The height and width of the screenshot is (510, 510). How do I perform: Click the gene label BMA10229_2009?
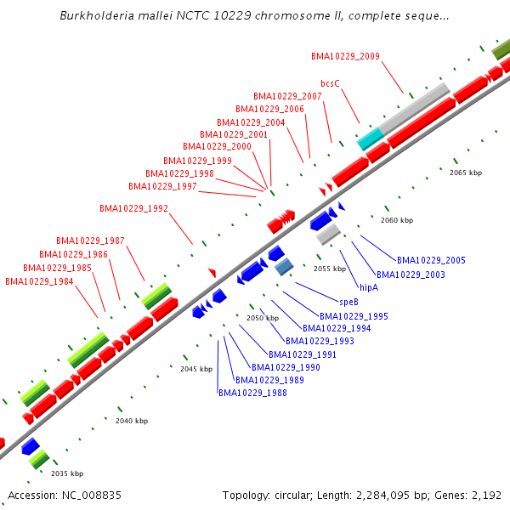tap(345, 57)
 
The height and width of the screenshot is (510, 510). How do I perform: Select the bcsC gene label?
tap(330, 83)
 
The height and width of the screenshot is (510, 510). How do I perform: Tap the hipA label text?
tap(369, 288)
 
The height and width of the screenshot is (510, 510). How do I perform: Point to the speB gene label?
tap(349, 302)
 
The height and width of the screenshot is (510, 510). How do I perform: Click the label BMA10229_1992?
tap(133, 208)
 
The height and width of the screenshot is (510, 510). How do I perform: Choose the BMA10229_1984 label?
tap(39, 281)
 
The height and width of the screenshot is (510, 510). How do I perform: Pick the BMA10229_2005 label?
tap(431, 260)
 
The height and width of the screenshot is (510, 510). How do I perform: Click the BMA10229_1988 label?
tap(252, 393)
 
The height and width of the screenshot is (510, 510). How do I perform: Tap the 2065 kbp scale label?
tap(465, 173)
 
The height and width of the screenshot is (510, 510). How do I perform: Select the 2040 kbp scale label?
tap(132, 421)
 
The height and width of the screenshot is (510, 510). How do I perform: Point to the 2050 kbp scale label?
tap(263, 318)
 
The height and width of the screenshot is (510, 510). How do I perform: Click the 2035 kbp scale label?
tap(66, 473)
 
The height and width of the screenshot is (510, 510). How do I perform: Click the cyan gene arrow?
tap(369, 139)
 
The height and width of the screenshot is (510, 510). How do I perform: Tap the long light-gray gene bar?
tap(413, 108)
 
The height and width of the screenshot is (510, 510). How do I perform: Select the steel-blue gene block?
tap(284, 267)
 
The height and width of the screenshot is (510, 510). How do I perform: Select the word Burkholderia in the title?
tap(99, 16)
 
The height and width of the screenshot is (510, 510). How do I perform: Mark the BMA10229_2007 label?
tap(287, 96)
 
